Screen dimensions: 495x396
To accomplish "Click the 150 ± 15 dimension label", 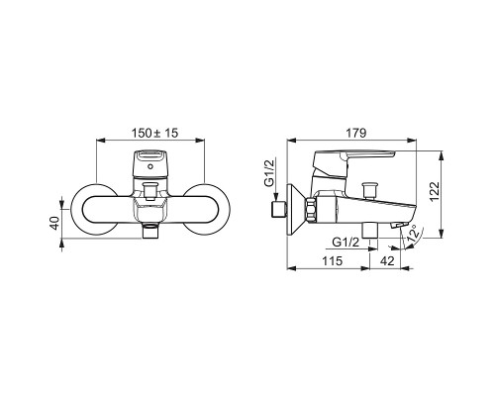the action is tap(154, 133).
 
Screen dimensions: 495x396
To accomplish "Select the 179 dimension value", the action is tap(356, 133).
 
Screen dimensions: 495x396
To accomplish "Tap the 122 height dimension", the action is tap(435, 191).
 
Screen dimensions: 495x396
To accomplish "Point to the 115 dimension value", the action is tap(332, 261).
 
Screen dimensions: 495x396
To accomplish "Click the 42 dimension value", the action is tap(387, 261).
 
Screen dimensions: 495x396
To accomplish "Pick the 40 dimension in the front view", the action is tap(54, 223).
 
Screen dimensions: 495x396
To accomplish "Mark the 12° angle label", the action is tap(414, 235).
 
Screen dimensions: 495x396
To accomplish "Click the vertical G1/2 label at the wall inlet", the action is tap(270, 173).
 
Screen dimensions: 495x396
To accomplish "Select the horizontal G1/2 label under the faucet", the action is tap(346, 243).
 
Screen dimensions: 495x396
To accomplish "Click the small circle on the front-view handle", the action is tap(150, 166).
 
